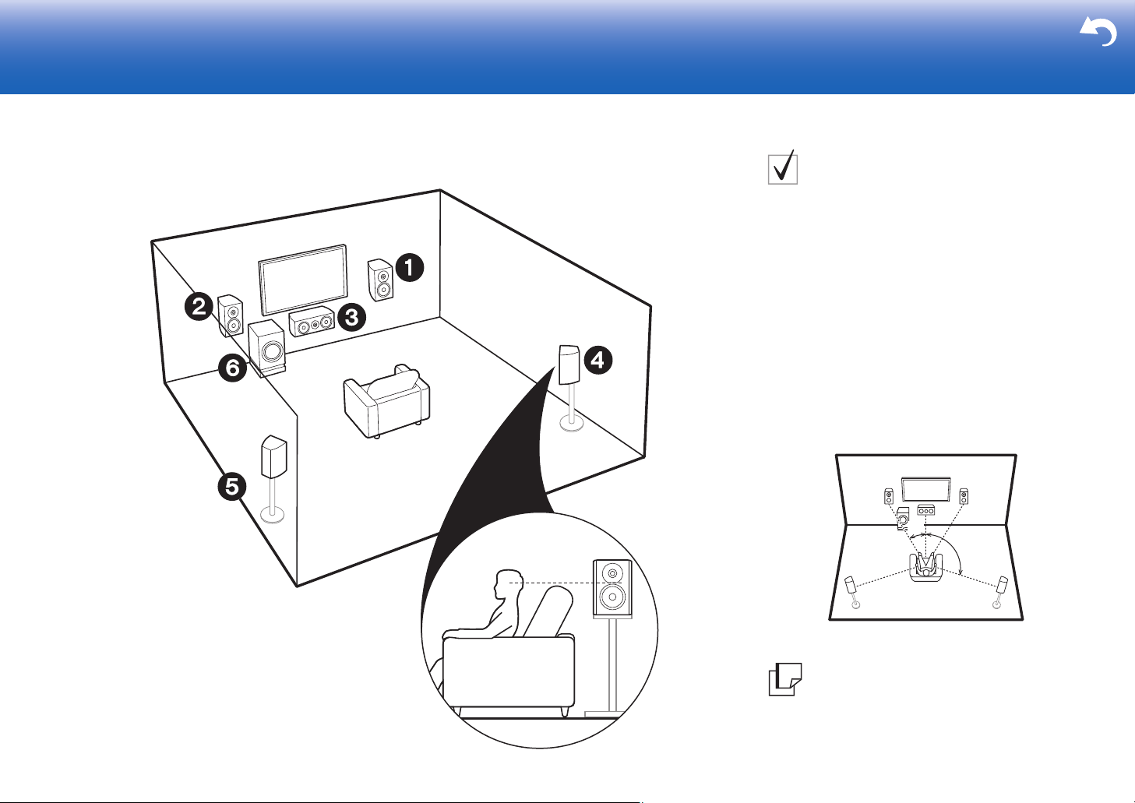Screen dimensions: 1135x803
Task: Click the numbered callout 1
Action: pos(410,267)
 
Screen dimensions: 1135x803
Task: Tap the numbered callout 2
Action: pos(199,306)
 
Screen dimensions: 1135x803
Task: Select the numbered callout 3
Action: pos(351,317)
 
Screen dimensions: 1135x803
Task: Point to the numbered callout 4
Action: pos(598,360)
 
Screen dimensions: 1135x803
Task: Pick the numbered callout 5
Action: pos(232,487)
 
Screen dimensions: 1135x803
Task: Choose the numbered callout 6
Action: pos(233,368)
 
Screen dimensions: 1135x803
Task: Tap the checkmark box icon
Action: pos(783,167)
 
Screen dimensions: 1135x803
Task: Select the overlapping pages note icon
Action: pos(785,679)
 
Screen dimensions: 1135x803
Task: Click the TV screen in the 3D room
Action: pos(303,280)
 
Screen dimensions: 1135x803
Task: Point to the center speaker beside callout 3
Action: pos(312,322)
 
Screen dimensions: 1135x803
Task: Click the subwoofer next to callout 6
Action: pos(266,347)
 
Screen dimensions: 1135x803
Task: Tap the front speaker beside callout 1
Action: pos(380,280)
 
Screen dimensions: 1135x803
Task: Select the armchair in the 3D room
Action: pos(386,401)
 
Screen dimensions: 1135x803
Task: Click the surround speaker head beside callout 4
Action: pos(569,365)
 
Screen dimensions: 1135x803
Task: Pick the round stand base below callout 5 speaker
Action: pos(272,516)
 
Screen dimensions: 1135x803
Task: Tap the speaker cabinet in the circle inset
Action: pos(612,589)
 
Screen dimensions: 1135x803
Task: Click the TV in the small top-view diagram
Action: pos(925,489)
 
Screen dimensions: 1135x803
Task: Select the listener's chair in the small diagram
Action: pos(926,567)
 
